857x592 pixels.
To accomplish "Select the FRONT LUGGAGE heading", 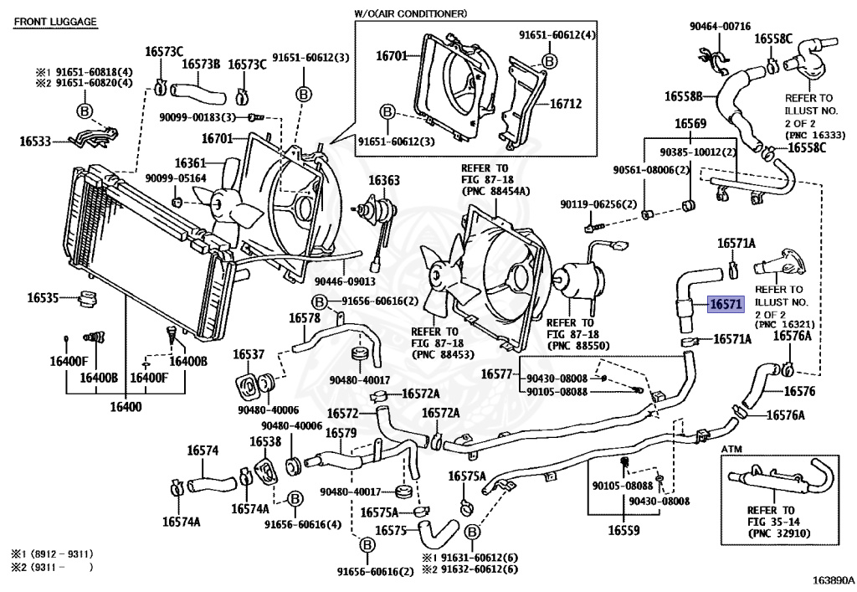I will click(55, 21).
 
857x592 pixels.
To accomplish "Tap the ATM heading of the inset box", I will click(732, 450).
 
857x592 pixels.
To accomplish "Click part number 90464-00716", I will click(720, 28).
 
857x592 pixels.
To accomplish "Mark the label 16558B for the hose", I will click(684, 96).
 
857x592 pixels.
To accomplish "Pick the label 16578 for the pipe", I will click(305, 319).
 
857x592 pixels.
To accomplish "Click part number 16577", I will click(496, 373).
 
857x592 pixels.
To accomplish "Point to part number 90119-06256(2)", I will click(598, 204).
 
